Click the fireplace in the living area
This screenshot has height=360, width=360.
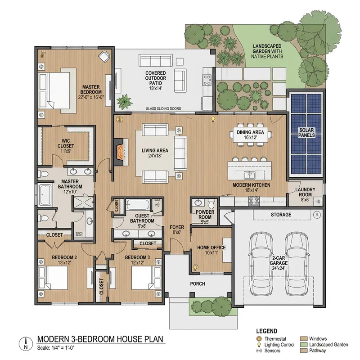[119, 153]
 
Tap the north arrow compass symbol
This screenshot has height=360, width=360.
[26, 343]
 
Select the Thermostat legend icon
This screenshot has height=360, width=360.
[258, 338]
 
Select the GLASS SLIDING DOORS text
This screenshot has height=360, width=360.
[163, 109]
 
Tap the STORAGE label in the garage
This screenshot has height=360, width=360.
[281, 215]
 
